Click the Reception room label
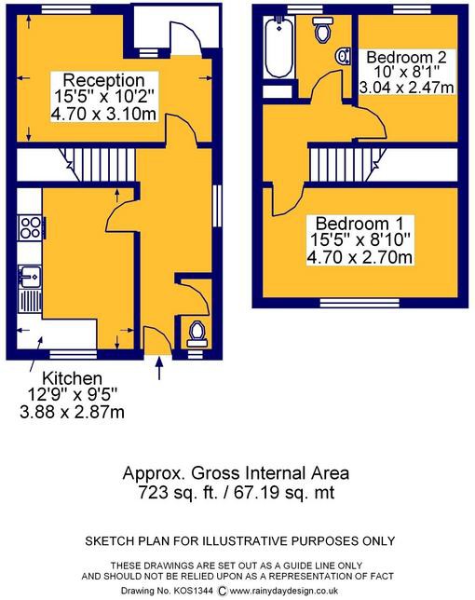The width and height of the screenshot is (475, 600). (x=103, y=80)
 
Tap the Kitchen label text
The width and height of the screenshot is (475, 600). (x=73, y=378)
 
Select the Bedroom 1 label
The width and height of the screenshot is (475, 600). (x=360, y=224)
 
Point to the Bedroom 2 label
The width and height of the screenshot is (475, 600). (x=406, y=57)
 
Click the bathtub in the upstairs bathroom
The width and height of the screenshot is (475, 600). (x=279, y=48)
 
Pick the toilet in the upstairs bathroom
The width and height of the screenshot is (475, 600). (x=323, y=30)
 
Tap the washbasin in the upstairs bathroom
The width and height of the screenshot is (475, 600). (x=344, y=56)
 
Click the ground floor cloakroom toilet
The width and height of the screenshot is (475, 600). (x=197, y=334)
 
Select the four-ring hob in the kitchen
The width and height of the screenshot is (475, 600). (x=32, y=228)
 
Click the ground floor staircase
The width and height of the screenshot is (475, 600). (x=98, y=165)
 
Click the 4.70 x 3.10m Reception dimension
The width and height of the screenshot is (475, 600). (x=103, y=114)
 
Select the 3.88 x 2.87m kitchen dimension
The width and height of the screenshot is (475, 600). (x=73, y=412)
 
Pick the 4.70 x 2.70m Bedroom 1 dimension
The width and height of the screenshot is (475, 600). (x=360, y=257)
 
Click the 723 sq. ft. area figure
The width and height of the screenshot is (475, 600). (x=178, y=492)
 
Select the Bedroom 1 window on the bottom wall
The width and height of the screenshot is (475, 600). (x=360, y=303)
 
